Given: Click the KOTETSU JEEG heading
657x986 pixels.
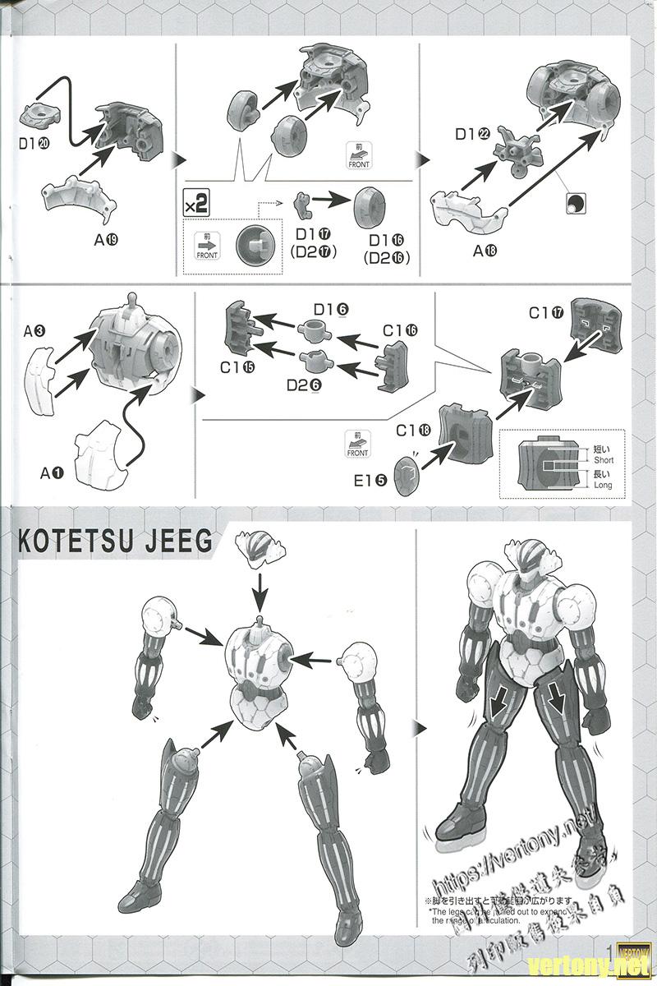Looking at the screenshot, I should point(115,543).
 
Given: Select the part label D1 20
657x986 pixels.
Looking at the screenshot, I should point(36,142).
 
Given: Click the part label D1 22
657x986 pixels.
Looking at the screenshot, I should point(473,134).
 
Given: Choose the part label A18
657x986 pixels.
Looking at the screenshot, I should point(486,251).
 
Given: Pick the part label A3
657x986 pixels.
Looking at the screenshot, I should point(34,332).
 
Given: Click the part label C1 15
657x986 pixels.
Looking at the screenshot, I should point(237,368).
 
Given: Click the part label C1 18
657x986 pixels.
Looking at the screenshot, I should point(413,430).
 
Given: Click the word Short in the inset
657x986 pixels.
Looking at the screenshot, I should point(603,460).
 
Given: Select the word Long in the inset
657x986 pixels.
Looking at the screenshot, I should point(603,486).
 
